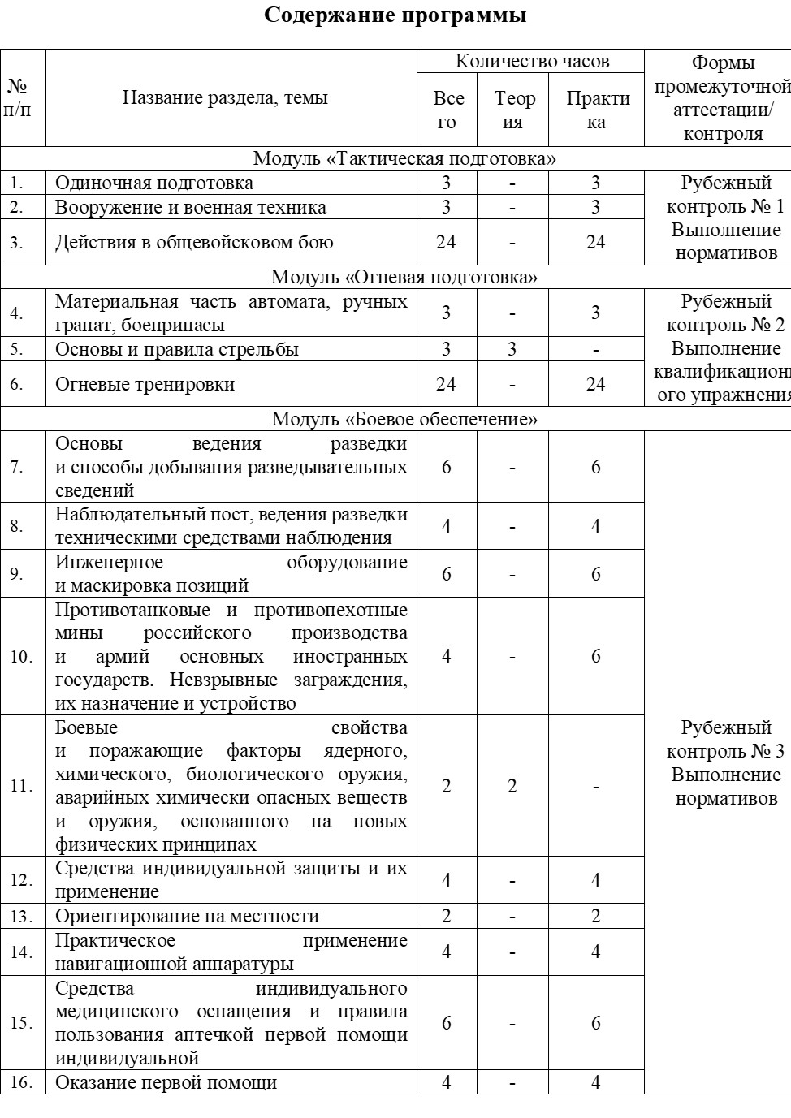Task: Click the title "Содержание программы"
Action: [395, 15]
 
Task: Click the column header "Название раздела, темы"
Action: [225, 98]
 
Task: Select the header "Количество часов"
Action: [532, 62]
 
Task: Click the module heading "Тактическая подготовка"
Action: [404, 158]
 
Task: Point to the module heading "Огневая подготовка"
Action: [404, 277]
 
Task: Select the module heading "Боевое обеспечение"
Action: [404, 419]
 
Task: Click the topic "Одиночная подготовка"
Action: [154, 183]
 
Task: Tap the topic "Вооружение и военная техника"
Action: [191, 207]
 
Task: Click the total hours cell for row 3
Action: [446, 242]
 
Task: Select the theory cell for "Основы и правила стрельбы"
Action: [512, 349]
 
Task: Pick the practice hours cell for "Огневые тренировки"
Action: [596, 383]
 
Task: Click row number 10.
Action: [22, 656]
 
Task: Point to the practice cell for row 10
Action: [596, 656]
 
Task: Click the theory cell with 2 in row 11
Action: [512, 786]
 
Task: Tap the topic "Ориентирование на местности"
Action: [188, 916]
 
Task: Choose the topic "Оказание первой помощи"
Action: [166, 1082]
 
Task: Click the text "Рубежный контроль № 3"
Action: [725, 739]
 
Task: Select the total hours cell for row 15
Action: [446, 1023]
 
